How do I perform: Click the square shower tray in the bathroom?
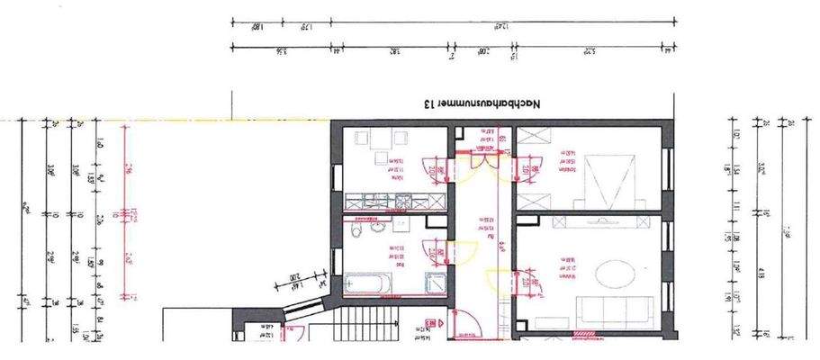click(x=435, y=282)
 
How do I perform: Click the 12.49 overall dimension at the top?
click(x=507, y=21)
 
